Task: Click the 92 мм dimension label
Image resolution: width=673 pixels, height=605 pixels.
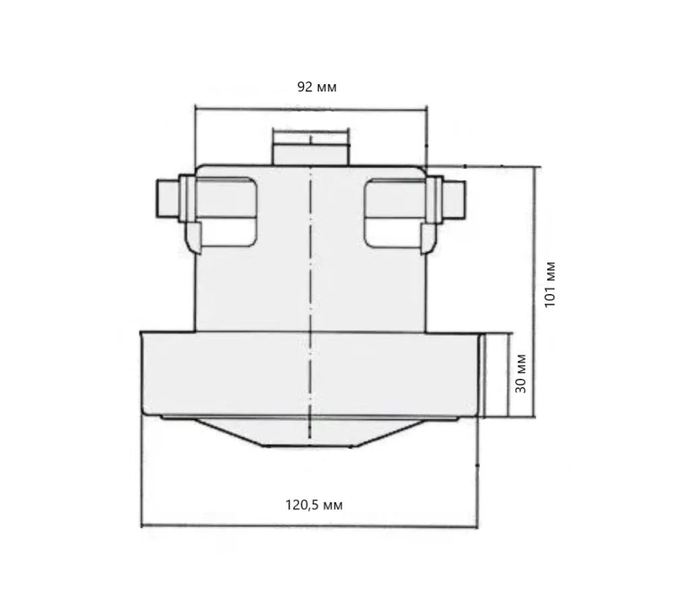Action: click(x=316, y=87)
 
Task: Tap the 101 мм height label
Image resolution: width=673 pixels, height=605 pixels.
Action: click(x=550, y=283)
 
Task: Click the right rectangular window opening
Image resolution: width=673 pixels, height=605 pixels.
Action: click(x=394, y=210)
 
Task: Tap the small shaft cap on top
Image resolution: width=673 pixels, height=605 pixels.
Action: click(x=311, y=146)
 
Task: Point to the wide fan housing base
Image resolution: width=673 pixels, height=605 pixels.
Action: click(x=269, y=373)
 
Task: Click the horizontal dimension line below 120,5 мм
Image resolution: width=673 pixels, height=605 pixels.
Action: click(x=310, y=526)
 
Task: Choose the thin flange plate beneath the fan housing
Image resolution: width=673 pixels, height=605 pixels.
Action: click(x=310, y=419)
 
